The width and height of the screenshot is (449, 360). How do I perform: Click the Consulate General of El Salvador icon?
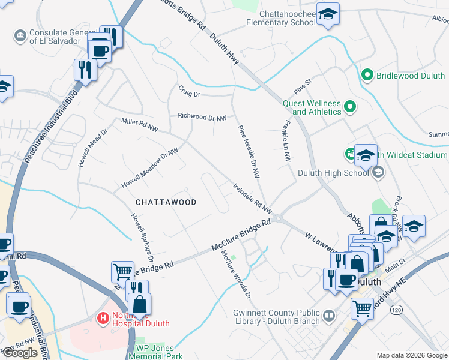[x=20, y=35]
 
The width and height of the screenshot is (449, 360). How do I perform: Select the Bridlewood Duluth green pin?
[x=368, y=76]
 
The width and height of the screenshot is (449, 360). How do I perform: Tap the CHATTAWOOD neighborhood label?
[x=165, y=202]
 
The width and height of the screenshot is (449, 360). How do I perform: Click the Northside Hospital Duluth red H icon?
[x=104, y=317]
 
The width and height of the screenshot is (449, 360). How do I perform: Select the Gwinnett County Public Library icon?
[x=328, y=315]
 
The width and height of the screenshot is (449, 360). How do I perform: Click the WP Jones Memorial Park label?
[x=155, y=352]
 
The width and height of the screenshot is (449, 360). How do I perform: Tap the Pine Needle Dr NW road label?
[x=249, y=152]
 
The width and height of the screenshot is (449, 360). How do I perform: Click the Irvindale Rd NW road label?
[x=253, y=198]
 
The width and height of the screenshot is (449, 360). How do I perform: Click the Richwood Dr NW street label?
[x=202, y=117]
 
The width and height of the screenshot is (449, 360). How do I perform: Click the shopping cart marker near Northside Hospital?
[x=122, y=272]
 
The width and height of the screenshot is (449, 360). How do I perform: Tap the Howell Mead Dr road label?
[x=91, y=148]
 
